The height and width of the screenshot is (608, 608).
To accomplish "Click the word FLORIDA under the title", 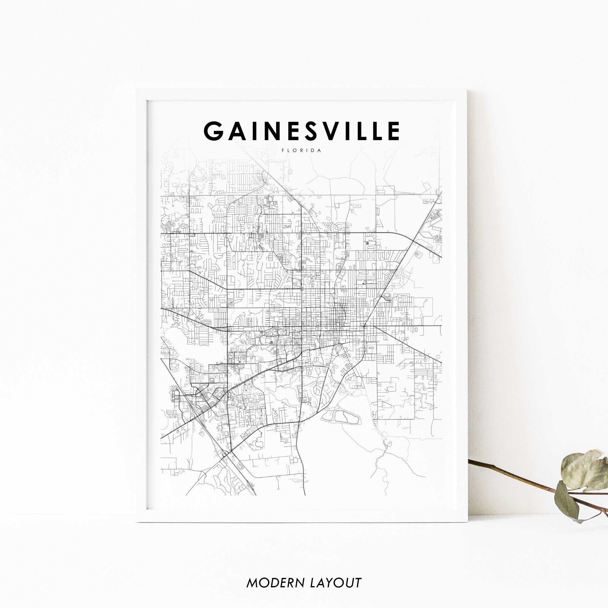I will point(302,150).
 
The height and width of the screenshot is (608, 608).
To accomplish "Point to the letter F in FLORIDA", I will point(283,150).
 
